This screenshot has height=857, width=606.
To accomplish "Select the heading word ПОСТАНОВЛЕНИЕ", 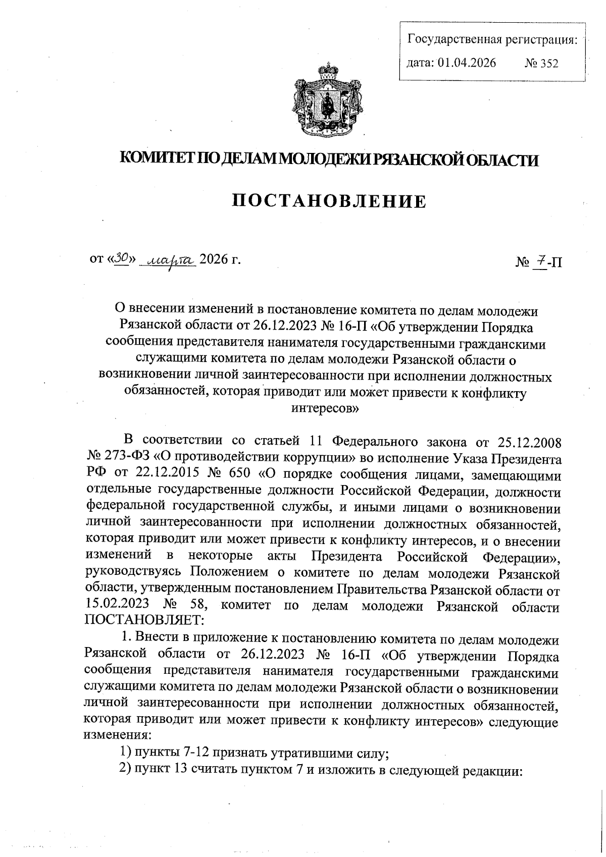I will click(329, 202).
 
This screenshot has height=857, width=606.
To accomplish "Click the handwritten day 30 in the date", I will click(122, 258).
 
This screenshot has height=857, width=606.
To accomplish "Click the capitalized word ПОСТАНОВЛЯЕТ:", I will click(144, 619).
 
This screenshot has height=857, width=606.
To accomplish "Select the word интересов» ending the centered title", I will click(325, 408).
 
